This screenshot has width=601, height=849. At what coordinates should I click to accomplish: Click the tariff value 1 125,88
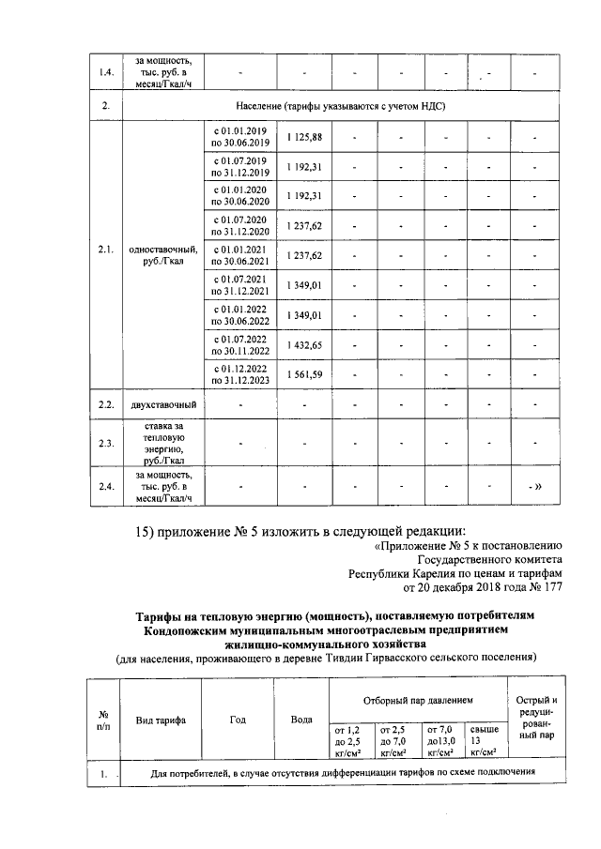[304, 137]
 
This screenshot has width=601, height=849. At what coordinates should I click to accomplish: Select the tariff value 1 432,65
[304, 346]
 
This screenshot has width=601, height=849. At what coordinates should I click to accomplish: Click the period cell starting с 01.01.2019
[240, 137]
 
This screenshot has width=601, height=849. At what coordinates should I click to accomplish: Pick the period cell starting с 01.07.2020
[240, 225]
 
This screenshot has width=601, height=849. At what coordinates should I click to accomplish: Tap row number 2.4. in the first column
[105, 486]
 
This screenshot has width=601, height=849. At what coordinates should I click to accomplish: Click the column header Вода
[301, 720]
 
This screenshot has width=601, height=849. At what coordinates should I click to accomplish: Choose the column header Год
[238, 720]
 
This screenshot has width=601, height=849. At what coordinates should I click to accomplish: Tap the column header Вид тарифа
[160, 720]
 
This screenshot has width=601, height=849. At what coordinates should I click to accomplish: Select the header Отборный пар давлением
[418, 701]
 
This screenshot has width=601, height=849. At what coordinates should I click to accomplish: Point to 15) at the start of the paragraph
[150, 534]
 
